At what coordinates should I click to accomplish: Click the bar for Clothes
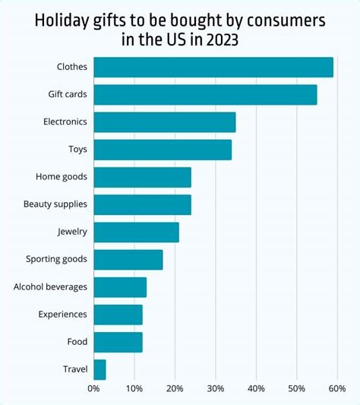[x=213, y=67]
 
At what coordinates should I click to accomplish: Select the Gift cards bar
[x=205, y=94]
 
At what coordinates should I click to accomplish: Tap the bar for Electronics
[x=165, y=122]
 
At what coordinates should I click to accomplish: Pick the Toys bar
[x=163, y=150]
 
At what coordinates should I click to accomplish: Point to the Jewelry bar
[x=136, y=232]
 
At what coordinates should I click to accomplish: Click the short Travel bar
[x=99, y=370]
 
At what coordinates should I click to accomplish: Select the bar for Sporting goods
[x=128, y=259]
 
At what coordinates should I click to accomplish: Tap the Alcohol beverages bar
[x=120, y=287]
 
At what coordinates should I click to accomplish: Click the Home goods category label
[x=62, y=177]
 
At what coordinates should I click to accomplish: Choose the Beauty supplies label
[x=55, y=204]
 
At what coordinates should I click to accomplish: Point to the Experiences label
[x=63, y=315]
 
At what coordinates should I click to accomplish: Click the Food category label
[x=77, y=342]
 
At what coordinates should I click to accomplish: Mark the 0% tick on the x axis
[x=93, y=389]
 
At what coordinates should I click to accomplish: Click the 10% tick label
[x=134, y=389]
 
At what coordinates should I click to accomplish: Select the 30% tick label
[x=216, y=389]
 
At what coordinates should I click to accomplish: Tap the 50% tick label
[x=297, y=389]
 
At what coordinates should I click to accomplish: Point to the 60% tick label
[x=337, y=389]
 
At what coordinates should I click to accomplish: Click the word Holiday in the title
[x=62, y=21]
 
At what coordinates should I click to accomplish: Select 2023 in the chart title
[x=218, y=39]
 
